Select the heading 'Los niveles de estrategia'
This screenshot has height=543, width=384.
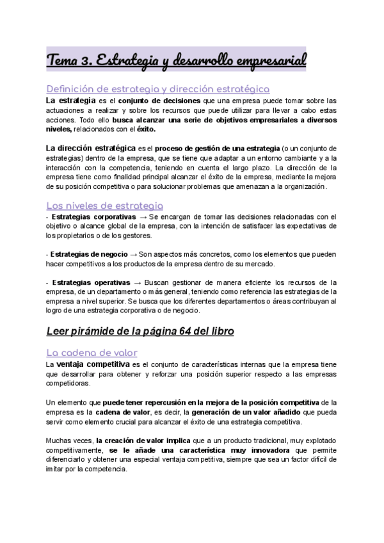(105, 206)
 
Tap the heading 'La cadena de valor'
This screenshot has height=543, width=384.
(92, 352)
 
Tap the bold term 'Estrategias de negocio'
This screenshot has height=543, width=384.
(88, 255)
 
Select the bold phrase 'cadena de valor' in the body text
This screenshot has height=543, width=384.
(106, 412)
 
